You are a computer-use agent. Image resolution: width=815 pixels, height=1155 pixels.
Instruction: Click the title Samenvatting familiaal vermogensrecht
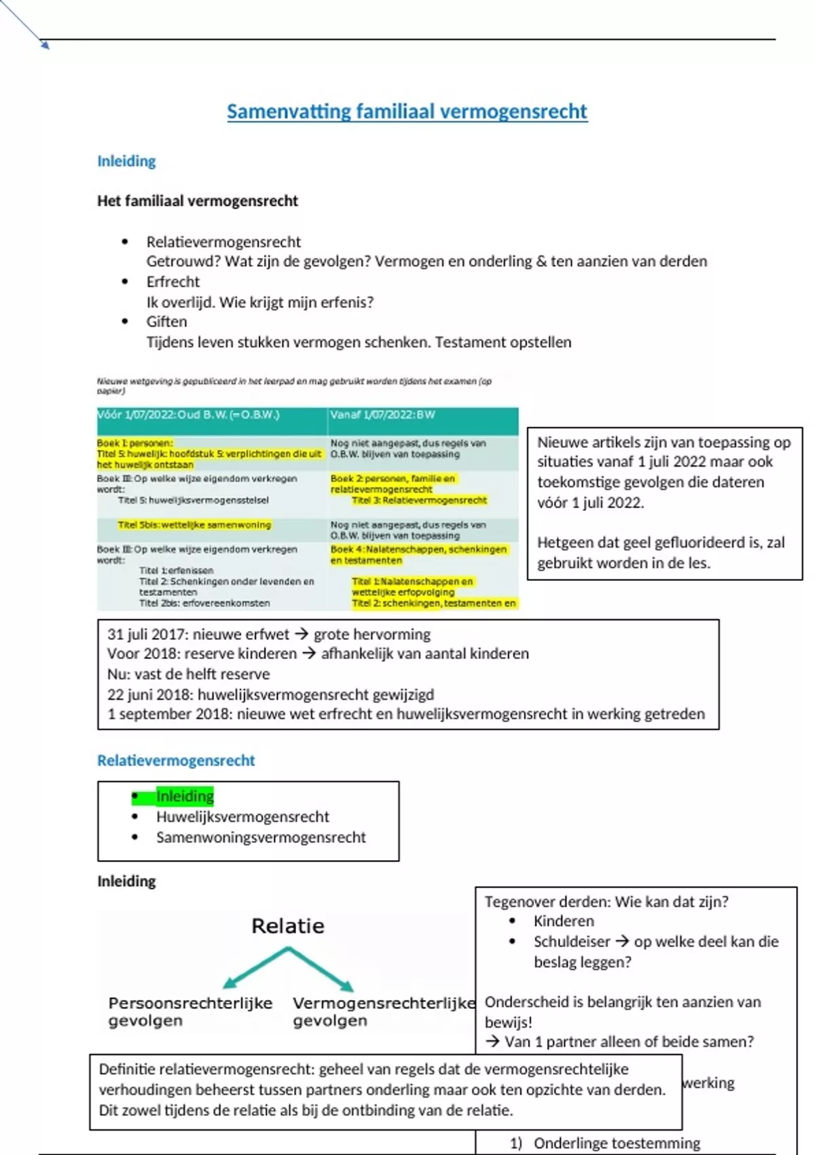pos(407,111)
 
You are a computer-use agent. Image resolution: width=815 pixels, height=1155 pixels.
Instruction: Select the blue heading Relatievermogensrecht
pos(176,760)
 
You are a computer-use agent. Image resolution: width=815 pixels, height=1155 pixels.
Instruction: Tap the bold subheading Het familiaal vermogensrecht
pos(198,200)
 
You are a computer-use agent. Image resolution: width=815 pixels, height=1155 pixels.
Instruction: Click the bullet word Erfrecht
pos(173,282)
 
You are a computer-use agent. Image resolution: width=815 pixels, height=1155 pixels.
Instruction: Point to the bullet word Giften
pos(166,322)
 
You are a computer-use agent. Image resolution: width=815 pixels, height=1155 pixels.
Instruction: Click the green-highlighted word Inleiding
pos(185,796)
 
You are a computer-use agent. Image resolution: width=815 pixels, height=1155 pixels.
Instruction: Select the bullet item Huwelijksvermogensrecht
pos(242,817)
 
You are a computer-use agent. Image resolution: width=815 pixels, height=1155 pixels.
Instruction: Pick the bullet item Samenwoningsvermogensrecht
pos(261,837)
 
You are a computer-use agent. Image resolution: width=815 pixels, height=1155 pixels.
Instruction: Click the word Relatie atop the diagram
pos(288,926)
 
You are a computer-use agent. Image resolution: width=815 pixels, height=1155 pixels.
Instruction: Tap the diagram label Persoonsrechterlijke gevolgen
pos(190,1012)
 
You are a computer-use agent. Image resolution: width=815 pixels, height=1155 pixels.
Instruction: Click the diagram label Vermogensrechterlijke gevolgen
pos(384,1012)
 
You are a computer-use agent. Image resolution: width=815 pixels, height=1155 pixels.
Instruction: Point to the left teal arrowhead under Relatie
pos(229,982)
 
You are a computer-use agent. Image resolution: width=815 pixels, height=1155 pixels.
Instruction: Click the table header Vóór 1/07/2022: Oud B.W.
pos(188,415)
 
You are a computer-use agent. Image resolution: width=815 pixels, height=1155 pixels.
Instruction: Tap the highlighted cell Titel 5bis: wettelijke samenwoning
pos(194,525)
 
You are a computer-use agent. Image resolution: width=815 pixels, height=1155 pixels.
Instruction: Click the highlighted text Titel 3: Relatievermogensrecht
pos(419,501)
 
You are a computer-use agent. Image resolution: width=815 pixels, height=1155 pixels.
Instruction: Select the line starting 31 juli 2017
pos(269,635)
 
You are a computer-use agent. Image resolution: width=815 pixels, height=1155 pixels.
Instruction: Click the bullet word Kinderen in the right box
pos(564,921)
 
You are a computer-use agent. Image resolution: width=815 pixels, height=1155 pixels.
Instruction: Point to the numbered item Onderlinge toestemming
pos(617,1143)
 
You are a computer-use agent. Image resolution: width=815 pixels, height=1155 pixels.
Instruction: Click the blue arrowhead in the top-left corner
pos(46,46)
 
